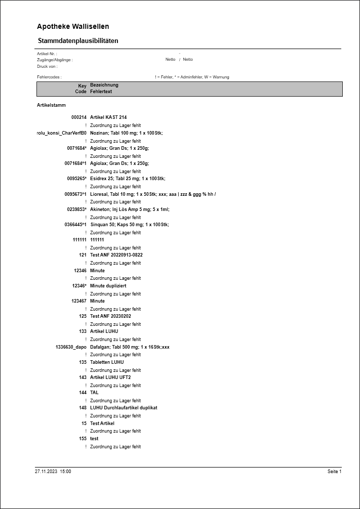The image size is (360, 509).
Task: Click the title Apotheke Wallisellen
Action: pyautogui.click(x=73, y=26)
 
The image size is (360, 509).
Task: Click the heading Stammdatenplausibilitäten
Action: pyautogui.click(x=78, y=40)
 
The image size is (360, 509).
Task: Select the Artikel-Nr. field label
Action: pyautogui.click(x=47, y=53)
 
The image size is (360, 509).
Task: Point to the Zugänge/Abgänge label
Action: pyautogui.click(x=55, y=60)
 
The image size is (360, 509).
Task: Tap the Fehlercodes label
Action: pyautogui.click(x=49, y=77)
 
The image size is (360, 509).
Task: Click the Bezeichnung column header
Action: pyautogui.click(x=104, y=85)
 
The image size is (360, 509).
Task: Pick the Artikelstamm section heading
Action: pyautogui.click(x=51, y=105)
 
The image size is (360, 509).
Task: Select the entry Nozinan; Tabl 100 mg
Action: pyautogui.click(x=127, y=133)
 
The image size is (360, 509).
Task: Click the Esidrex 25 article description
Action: pyautogui.click(x=128, y=179)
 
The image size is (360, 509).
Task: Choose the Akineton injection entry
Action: pyautogui.click(x=130, y=209)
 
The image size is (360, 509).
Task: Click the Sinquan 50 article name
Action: pyautogui.click(x=129, y=225)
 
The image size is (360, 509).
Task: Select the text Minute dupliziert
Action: pyautogui.click(x=108, y=286)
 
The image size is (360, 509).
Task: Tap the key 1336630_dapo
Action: pyautogui.click(x=71, y=347)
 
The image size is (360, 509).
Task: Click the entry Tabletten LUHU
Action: pyautogui.click(x=107, y=362)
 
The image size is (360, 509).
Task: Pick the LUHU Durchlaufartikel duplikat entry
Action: pyautogui.click(x=124, y=408)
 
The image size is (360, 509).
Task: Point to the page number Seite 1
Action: pyautogui.click(x=334, y=472)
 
